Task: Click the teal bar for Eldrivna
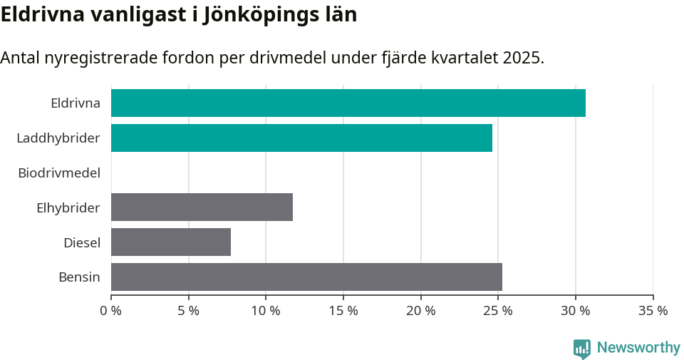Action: coord(348,103)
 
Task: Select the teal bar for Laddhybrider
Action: coord(301,138)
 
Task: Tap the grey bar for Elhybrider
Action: coord(202,207)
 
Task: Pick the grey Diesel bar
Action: coord(171,242)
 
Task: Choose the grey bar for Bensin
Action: coord(306,277)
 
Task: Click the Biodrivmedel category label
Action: coord(58,173)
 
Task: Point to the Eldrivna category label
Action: coord(75,103)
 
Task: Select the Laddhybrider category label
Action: coord(58,138)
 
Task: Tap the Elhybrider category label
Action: coord(68,207)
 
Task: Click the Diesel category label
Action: coord(81,242)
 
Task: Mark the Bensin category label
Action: coord(79,277)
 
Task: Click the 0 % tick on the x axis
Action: coord(111,311)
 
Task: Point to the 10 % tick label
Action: coord(266,311)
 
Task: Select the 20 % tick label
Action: coord(420,311)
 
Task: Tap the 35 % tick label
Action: coord(653,311)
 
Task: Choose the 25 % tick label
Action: coord(498,311)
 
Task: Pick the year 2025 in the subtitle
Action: coord(522,58)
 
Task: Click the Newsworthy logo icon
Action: coord(582,348)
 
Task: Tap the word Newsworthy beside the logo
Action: coord(638,348)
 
